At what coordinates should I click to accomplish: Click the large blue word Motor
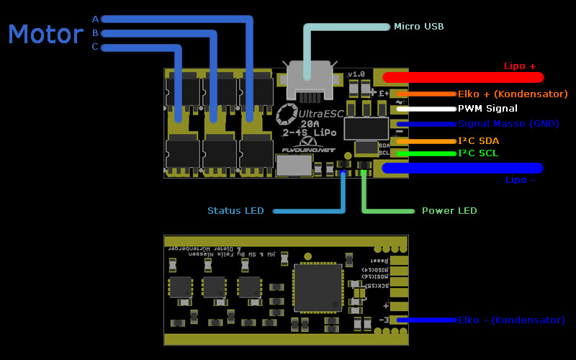tap(46, 35)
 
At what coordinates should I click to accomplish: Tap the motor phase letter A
tap(95, 19)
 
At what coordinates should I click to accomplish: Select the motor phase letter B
tap(95, 33)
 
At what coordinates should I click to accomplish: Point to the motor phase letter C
tap(95, 48)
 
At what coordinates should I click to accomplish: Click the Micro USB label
tap(418, 27)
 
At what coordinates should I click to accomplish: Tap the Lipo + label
tap(520, 66)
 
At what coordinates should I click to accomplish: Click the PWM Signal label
tap(487, 109)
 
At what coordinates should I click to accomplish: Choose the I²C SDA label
tap(478, 140)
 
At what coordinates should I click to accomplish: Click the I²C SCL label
tap(477, 153)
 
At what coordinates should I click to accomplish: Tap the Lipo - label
tap(520, 180)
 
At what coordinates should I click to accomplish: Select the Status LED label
tap(235, 211)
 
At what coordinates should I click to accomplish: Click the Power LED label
tap(449, 211)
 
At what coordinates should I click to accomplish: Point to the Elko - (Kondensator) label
tap(511, 320)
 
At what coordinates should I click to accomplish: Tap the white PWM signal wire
tap(425, 109)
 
